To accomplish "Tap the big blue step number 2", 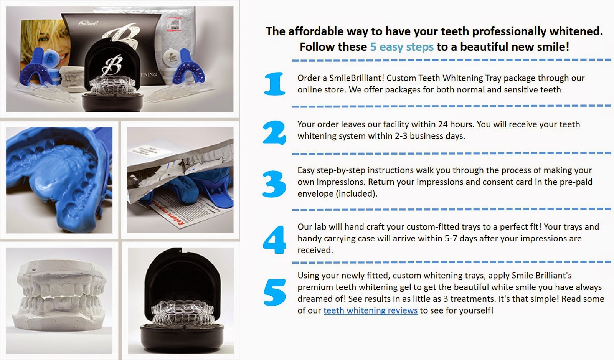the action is pos(274,133).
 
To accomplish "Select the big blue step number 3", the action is pos(274,184).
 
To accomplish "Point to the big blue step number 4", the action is pos(274,239).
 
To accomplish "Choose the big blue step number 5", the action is pos(275,292).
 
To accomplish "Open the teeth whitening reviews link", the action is pos(370,310).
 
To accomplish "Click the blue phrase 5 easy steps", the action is pos(402,46).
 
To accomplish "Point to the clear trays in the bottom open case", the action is pos(183,314).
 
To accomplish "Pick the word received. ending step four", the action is pos(315,250).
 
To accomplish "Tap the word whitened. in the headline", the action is pos(578,31).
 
